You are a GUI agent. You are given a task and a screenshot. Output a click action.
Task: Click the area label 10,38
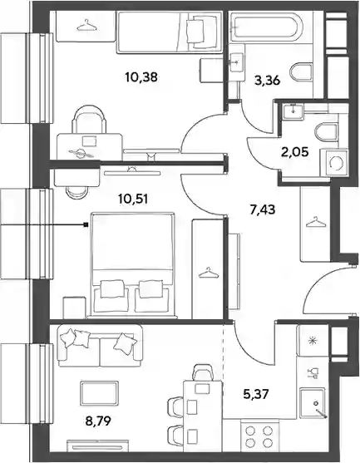click(141, 77)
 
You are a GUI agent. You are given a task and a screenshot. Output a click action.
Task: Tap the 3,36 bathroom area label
click(267, 81)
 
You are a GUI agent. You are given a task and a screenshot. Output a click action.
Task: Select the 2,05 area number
click(295, 152)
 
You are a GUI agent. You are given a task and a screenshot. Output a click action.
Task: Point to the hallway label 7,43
click(263, 210)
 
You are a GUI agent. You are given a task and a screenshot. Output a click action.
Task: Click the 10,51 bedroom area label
click(133, 199)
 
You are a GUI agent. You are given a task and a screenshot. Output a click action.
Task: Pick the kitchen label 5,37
click(256, 394)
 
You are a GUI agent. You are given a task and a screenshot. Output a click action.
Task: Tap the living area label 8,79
click(98, 421)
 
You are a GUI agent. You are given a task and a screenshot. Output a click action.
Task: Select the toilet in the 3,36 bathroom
click(302, 72)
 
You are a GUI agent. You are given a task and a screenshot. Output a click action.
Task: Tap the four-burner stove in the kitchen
click(260, 436)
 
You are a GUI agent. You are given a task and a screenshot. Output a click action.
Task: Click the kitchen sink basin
click(313, 403)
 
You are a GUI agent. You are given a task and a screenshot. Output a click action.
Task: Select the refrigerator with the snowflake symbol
click(313, 341)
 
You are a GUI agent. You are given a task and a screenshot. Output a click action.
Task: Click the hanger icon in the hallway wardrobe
click(314, 222)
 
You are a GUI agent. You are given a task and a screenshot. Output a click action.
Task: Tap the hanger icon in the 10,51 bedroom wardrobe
click(209, 273)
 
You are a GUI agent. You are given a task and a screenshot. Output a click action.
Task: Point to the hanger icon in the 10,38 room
click(86, 25)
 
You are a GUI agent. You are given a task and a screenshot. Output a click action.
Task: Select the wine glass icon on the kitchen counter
click(313, 373)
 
